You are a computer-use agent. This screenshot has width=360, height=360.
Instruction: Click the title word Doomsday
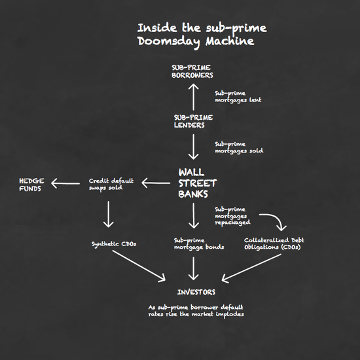point(168,42)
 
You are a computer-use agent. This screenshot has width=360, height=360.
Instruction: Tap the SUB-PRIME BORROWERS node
point(192,71)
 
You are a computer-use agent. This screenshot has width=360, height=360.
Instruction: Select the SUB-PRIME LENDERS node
point(193,122)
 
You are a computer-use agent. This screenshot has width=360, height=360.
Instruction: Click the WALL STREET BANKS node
point(198,183)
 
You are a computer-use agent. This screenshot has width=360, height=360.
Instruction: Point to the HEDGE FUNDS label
point(31,185)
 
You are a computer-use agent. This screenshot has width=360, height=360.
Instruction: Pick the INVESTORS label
point(196,292)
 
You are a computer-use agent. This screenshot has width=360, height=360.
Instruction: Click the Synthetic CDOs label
point(114,244)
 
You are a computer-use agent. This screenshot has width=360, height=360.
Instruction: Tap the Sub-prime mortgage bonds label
point(199,244)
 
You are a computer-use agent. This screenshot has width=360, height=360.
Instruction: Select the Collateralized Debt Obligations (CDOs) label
point(274,243)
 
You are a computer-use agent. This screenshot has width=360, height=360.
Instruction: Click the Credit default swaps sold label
point(111,185)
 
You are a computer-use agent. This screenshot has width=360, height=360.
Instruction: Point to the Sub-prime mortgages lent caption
point(238,97)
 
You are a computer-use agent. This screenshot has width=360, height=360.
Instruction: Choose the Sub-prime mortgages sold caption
point(239,147)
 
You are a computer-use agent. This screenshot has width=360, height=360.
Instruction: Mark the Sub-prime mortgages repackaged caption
point(232,216)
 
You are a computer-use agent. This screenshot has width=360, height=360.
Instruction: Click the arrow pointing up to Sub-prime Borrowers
point(194,97)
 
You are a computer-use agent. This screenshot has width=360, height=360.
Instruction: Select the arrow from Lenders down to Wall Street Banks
point(194,147)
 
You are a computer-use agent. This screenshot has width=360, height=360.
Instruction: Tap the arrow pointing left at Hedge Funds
point(65,183)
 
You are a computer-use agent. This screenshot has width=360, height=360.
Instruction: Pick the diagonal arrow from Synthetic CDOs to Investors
point(139,266)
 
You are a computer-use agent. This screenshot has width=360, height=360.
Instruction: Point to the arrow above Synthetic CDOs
point(109,214)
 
